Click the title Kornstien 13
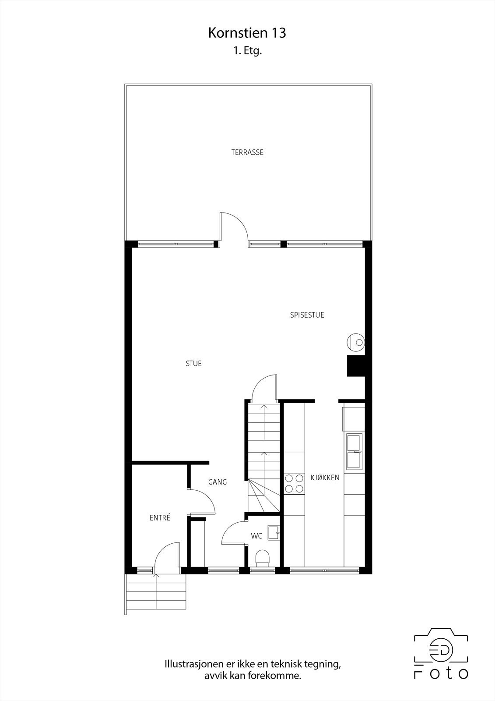(x=247, y=33)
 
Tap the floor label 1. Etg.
(x=247, y=51)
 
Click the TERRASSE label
(x=247, y=152)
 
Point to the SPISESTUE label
(x=307, y=315)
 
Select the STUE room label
(x=193, y=364)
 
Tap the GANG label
(x=218, y=482)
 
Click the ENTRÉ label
(x=160, y=518)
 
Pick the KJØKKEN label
(x=325, y=478)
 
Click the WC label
(x=256, y=536)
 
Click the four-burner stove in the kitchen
(x=295, y=484)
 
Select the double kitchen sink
(x=354, y=451)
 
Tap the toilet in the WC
(x=263, y=558)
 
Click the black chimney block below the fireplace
(x=356, y=366)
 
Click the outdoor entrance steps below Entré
(x=156, y=591)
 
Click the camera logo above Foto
(x=441, y=647)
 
